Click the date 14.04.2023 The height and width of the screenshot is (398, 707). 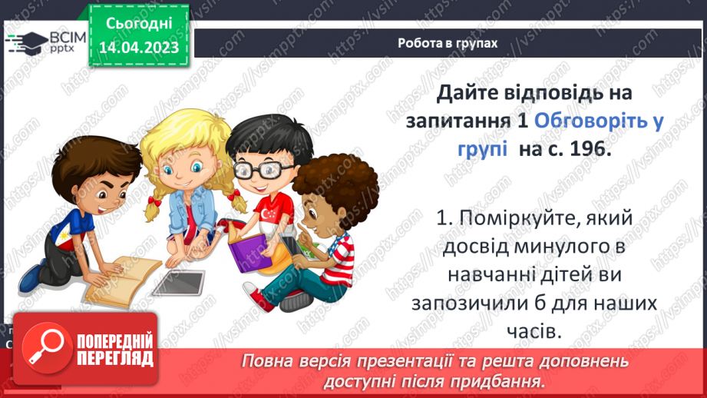tap(138, 48)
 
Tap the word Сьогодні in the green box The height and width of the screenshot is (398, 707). tap(138, 24)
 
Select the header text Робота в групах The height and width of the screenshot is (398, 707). tap(448, 43)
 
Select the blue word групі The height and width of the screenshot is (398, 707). tap(478, 149)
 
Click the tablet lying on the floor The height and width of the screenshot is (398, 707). tap(179, 283)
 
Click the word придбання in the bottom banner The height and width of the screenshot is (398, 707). tap(504, 380)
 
